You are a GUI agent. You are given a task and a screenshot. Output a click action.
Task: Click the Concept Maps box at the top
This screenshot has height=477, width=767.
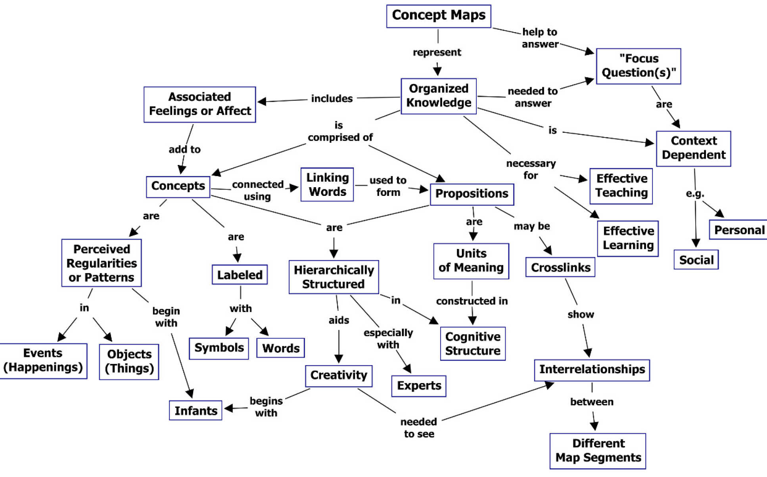(438, 16)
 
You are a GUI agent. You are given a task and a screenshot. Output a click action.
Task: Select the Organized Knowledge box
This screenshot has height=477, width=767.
(438, 96)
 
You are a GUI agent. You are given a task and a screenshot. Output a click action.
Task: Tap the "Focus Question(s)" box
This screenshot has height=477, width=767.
(638, 66)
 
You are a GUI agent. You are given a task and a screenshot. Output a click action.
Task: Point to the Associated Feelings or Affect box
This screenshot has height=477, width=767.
(199, 104)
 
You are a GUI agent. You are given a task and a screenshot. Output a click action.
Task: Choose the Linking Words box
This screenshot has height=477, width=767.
(327, 184)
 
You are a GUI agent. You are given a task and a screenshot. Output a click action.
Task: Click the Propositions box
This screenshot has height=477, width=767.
(472, 194)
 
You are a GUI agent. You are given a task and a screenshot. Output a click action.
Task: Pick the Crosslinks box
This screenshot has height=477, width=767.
(560, 268)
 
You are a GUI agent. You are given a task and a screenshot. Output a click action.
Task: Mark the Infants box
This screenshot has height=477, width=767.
(196, 410)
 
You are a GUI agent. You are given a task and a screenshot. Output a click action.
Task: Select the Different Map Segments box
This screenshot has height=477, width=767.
(598, 451)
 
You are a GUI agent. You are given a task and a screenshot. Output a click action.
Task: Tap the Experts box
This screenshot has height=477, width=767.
(418, 386)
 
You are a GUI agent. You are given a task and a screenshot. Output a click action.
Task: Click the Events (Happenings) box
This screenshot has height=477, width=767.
(43, 360)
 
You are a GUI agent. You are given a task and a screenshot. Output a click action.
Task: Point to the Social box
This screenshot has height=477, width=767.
(696, 260)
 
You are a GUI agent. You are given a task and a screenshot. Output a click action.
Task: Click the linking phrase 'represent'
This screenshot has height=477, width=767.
(437, 52)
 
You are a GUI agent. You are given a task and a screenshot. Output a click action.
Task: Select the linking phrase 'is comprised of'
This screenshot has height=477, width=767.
(339, 132)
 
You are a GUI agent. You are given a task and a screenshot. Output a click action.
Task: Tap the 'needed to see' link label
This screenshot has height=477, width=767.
(419, 428)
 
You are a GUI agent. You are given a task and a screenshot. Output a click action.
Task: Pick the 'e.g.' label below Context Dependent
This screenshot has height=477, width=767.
(695, 193)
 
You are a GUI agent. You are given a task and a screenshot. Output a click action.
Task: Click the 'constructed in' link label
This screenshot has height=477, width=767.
(472, 301)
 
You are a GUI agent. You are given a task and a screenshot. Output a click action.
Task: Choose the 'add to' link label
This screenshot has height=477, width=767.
(184, 149)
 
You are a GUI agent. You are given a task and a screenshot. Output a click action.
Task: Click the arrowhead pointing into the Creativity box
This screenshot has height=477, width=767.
(339, 358)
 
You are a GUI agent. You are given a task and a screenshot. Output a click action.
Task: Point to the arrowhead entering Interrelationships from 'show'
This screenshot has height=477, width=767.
(588, 353)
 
